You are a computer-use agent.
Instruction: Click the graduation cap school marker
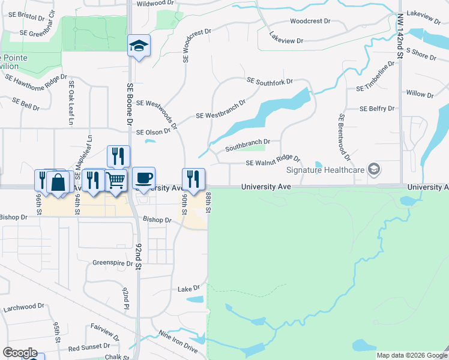coord(139,46)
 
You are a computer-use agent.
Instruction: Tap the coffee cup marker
coord(143,178)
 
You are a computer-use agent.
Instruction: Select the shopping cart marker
coord(116,180)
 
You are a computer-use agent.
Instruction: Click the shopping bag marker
coord(59,182)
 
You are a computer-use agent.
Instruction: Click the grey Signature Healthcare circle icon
coord(375,169)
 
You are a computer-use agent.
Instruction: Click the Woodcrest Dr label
coord(310,21)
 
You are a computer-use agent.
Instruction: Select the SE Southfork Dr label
coord(270,81)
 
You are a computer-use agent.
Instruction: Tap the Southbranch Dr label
coord(247,145)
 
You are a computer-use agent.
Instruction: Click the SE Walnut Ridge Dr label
coord(273,160)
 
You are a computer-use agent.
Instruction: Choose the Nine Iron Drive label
coord(178,340)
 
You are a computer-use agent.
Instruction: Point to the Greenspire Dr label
coord(112,263)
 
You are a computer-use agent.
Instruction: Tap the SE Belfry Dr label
coord(377,109)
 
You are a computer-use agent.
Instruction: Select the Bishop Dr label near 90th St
coord(157,220)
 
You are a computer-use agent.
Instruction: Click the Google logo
coord(20,353)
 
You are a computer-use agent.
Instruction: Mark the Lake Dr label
coord(184,289)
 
